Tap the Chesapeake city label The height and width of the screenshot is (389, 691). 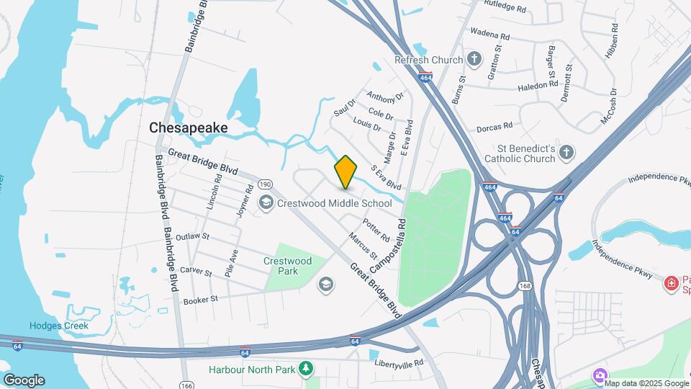189,128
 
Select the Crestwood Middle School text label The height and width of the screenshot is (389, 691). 334,203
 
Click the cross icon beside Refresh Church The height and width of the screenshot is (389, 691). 474,58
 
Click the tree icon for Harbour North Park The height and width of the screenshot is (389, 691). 306,369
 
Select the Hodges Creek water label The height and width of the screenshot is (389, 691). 59,326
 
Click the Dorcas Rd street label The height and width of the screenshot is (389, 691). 494,128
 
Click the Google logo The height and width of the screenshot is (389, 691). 24,380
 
